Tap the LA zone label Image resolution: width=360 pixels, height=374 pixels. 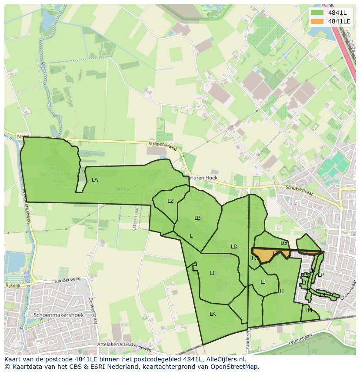tap(95, 180)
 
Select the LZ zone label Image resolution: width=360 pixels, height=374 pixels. tap(170, 201)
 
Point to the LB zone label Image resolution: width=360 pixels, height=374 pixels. tap(197, 218)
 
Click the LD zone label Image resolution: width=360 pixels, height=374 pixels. tap(234, 247)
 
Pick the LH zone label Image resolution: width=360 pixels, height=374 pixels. tap(213, 273)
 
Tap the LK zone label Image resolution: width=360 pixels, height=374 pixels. tap(213, 314)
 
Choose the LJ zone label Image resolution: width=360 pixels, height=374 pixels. tap(263, 282)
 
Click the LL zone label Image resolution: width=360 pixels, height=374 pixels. tap(282, 291)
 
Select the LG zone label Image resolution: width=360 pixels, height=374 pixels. tap(284, 243)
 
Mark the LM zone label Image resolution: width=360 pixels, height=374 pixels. tap(309, 311)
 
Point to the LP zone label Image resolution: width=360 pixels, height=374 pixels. tap(321, 275)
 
